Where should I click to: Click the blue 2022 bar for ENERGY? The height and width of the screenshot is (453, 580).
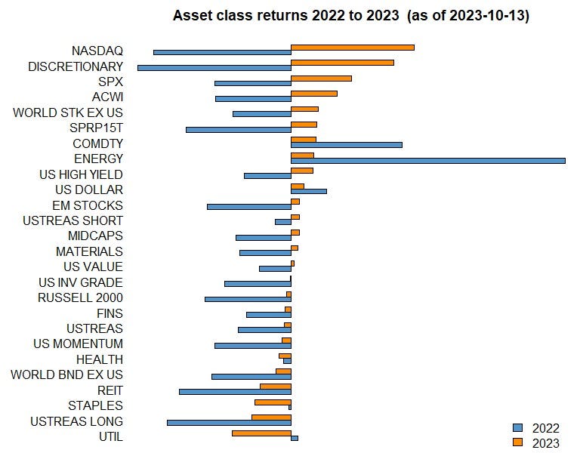428,160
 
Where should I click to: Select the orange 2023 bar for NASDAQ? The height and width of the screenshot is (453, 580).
353,47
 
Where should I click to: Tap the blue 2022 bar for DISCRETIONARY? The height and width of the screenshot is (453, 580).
214,68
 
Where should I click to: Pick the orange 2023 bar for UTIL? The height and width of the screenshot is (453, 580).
261,433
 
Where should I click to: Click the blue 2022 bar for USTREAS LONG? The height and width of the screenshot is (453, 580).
229,422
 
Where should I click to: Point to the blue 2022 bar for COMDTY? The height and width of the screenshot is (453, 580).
347,144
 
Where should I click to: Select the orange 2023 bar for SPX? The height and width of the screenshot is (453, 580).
321,78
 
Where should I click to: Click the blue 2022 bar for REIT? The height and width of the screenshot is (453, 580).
235,391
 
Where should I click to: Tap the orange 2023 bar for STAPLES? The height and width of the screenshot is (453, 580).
273,402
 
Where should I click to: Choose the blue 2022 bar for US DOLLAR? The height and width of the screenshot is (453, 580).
309,191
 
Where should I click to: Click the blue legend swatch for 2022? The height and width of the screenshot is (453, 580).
517,428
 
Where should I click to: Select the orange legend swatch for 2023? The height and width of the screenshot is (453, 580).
517,442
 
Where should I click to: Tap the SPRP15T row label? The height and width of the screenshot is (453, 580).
96,128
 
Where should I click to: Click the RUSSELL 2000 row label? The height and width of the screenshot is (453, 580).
80,297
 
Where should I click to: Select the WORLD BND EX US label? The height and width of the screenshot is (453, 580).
67,374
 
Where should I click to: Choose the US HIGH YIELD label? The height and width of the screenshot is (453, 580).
81,174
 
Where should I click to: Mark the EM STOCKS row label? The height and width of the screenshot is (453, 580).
88,205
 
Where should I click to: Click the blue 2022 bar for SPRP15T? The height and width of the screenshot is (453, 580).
239,129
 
